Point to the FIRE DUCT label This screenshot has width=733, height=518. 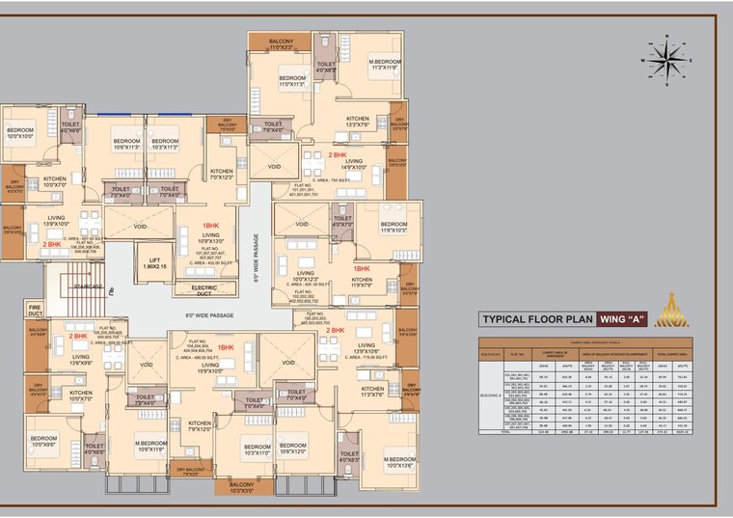[x=35, y=311]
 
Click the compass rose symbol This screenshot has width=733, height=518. [x=666, y=62]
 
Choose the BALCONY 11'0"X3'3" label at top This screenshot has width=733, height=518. [x=281, y=43]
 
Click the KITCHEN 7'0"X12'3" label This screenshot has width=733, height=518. [x=222, y=174]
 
